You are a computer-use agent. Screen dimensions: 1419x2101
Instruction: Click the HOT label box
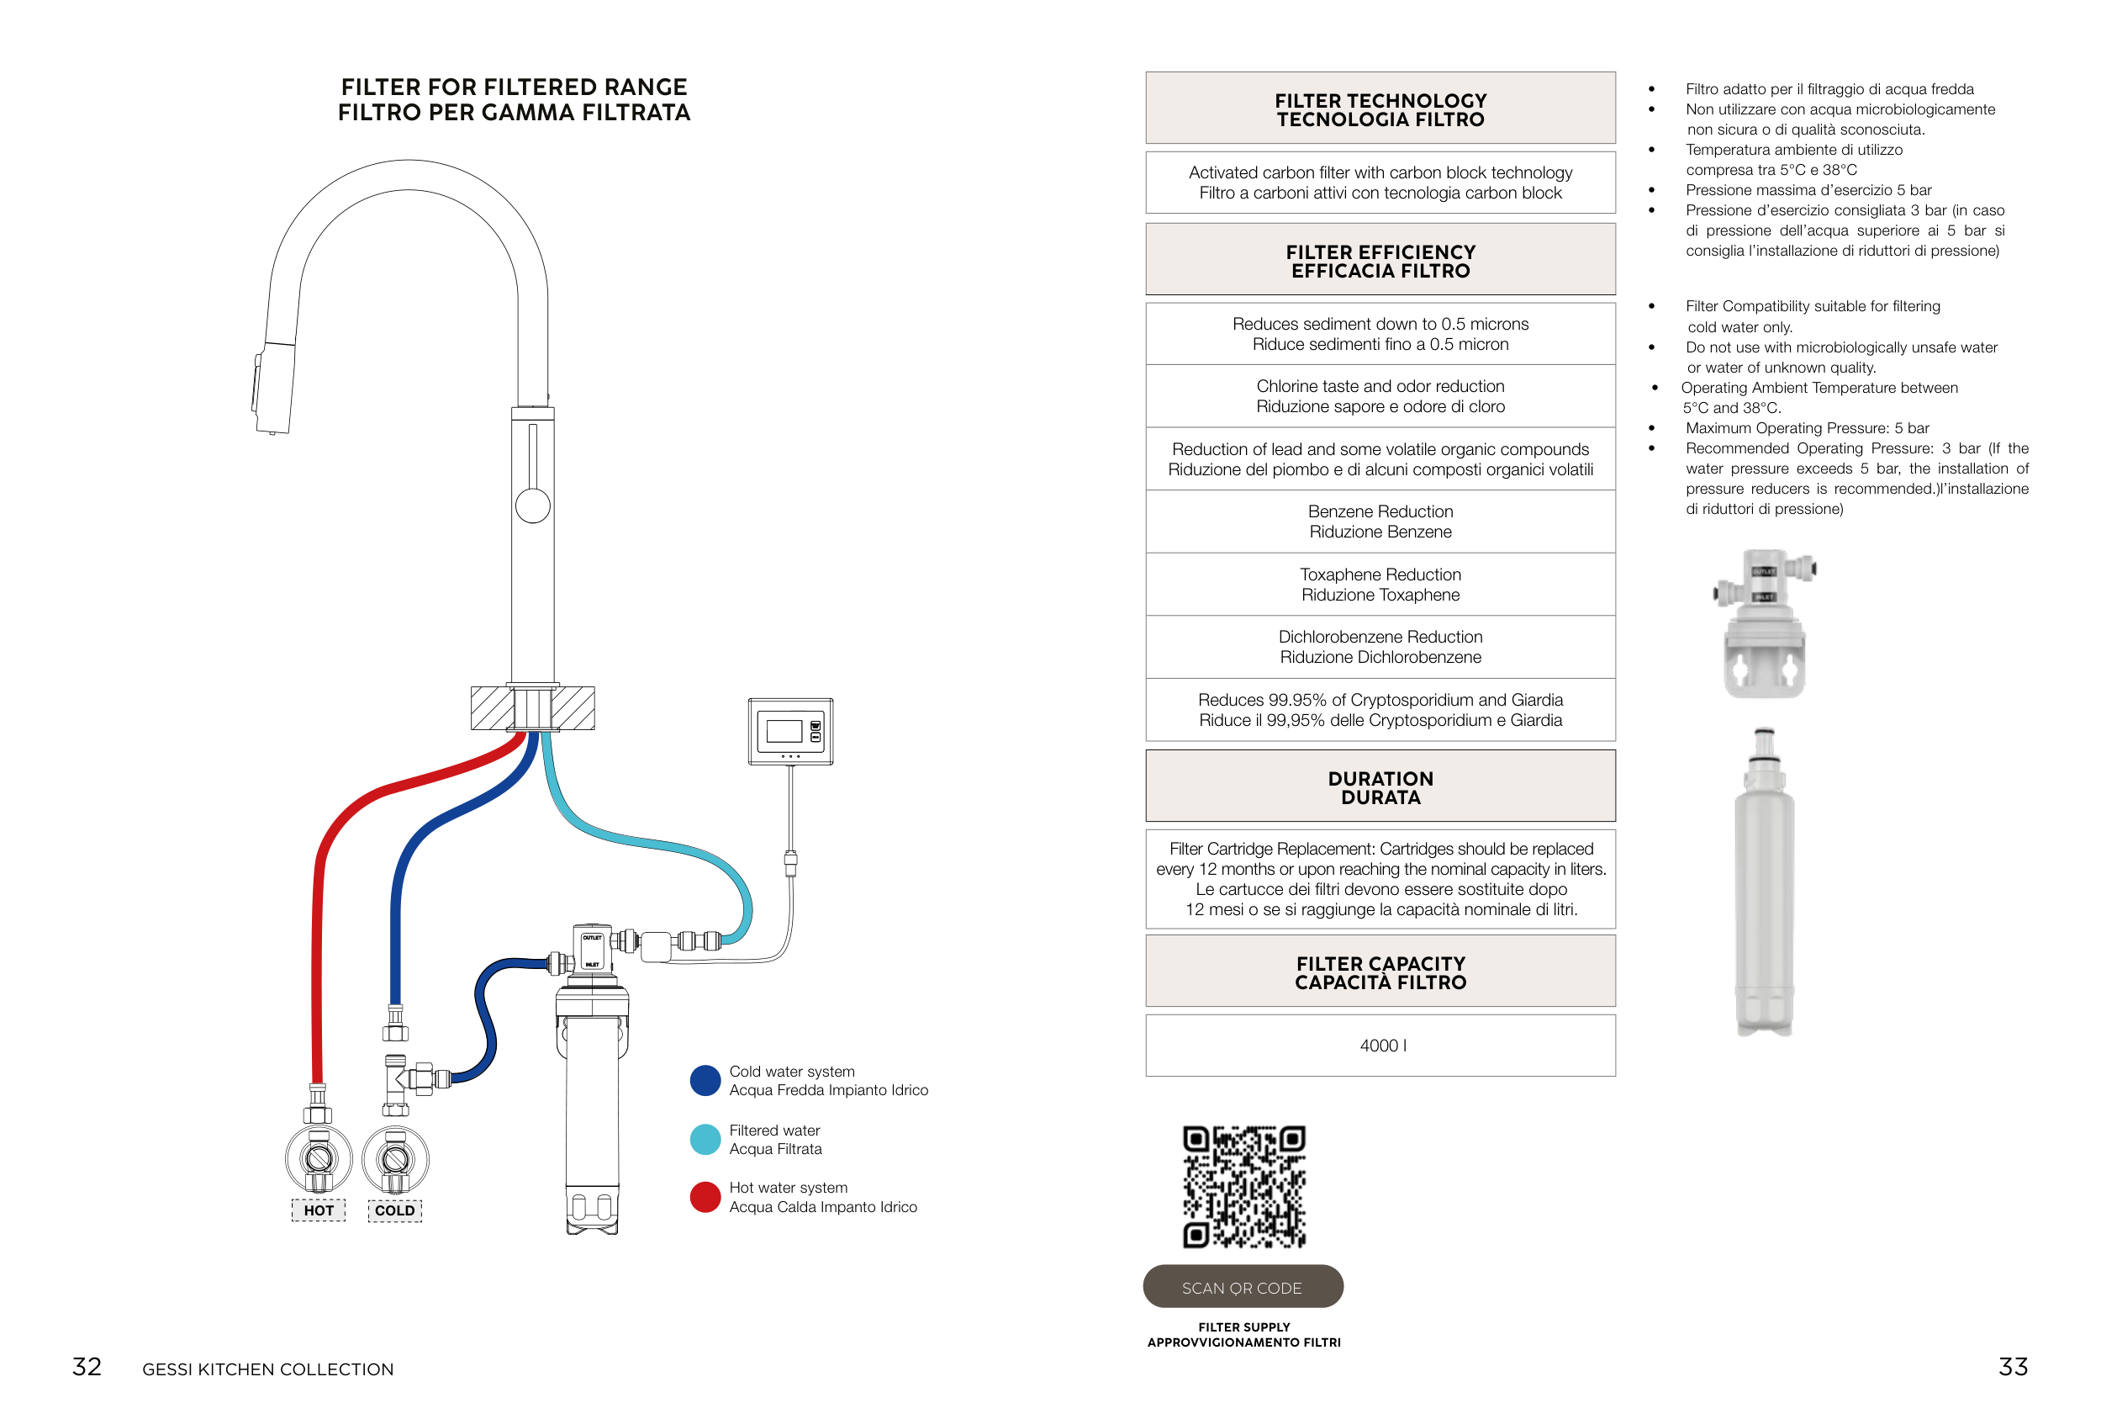pos(319,1210)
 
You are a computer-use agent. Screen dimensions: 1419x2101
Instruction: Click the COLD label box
pos(394,1210)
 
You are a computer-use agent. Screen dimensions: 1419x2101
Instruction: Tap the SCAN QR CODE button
pos(1242,1287)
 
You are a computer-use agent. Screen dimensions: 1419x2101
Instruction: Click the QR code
pos(1244,1187)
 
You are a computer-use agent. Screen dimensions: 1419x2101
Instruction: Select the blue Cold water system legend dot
pos(705,1080)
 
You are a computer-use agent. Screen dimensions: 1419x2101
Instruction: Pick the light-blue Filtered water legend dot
pos(705,1140)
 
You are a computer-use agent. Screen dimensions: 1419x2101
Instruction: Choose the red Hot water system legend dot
pos(705,1196)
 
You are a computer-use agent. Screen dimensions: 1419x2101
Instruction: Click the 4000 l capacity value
pos(1380,1046)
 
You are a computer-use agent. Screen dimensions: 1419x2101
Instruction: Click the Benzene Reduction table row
pos(1380,522)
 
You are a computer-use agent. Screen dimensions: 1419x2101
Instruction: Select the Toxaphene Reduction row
pos(1380,585)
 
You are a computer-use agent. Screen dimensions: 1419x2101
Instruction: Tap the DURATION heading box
pos(1380,786)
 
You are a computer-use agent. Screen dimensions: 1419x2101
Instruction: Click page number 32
pos(87,1367)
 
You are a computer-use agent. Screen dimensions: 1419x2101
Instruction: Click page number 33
pos(2013,1367)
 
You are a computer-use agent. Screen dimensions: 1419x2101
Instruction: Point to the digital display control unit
pos(790,731)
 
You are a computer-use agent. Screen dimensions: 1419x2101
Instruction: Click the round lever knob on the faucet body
pos(532,505)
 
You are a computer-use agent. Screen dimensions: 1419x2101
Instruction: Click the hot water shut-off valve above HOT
pos(319,1158)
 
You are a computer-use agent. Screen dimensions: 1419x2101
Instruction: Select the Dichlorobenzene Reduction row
pos(1380,647)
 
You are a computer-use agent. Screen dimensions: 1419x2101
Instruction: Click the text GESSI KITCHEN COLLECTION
pos(267,1369)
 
